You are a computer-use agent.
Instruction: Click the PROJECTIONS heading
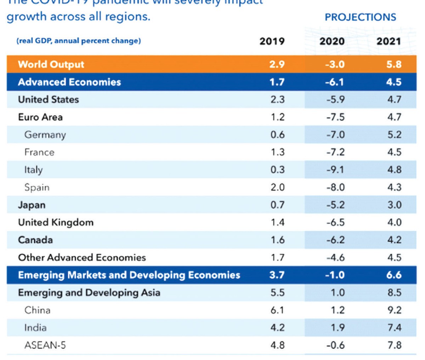[x=360, y=17]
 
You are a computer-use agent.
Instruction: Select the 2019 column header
[x=272, y=41]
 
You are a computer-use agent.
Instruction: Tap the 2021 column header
[x=389, y=41]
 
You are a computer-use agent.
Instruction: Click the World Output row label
[x=51, y=64]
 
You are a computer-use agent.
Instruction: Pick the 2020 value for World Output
[x=335, y=64]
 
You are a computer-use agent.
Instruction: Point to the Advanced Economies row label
[x=69, y=82]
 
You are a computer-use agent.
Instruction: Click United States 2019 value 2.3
[x=277, y=99]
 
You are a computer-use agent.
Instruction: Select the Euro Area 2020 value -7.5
[x=335, y=117]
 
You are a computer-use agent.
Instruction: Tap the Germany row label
[x=45, y=135]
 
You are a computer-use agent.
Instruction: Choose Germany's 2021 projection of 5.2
[x=394, y=135]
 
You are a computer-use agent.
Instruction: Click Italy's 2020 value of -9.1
[x=335, y=170]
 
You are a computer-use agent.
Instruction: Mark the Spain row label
[x=37, y=187]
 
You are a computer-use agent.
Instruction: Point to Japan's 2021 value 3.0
[x=394, y=205]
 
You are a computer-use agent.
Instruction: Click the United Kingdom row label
[x=56, y=222]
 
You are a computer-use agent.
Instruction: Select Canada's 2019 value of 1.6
[x=277, y=240]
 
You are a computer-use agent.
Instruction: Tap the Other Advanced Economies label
[x=82, y=257]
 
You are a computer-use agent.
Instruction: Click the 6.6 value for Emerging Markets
[x=394, y=275]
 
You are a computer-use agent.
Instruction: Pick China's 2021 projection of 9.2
[x=394, y=310]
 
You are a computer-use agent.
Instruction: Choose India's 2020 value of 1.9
[x=337, y=328]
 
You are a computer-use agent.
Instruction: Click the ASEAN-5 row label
[x=45, y=345]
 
